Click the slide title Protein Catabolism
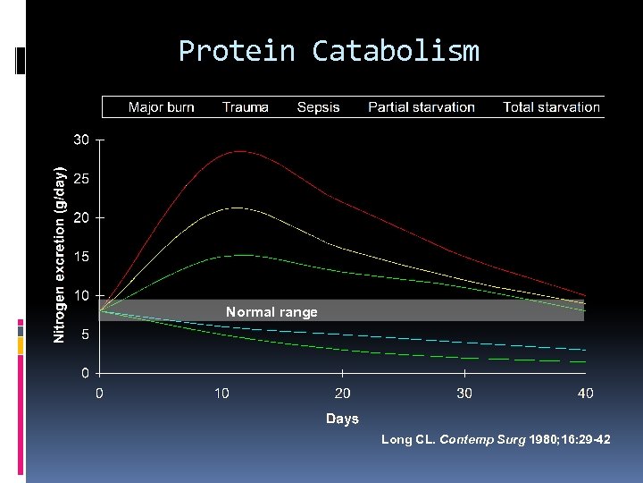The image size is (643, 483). point(329,51)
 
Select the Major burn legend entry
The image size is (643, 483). point(161,107)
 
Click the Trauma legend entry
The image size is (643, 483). point(245,107)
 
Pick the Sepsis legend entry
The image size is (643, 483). point(318,107)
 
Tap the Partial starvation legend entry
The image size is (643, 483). point(421,107)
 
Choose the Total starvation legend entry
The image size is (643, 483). point(551,107)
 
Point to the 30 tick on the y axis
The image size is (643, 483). point(81,140)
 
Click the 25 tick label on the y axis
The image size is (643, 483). point(81,179)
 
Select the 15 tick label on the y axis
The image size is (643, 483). point(81,257)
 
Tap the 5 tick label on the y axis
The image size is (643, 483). point(84,334)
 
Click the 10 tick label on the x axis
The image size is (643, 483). point(221,394)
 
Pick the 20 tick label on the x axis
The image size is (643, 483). point(342,394)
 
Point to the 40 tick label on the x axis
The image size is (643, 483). point(585,394)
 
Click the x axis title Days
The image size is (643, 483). point(342,419)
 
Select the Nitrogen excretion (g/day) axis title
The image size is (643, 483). point(59,255)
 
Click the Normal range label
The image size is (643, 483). point(271,312)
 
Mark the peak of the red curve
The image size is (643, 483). point(238,151)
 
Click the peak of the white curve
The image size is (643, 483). point(234,208)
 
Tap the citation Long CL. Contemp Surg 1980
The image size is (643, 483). point(496,439)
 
